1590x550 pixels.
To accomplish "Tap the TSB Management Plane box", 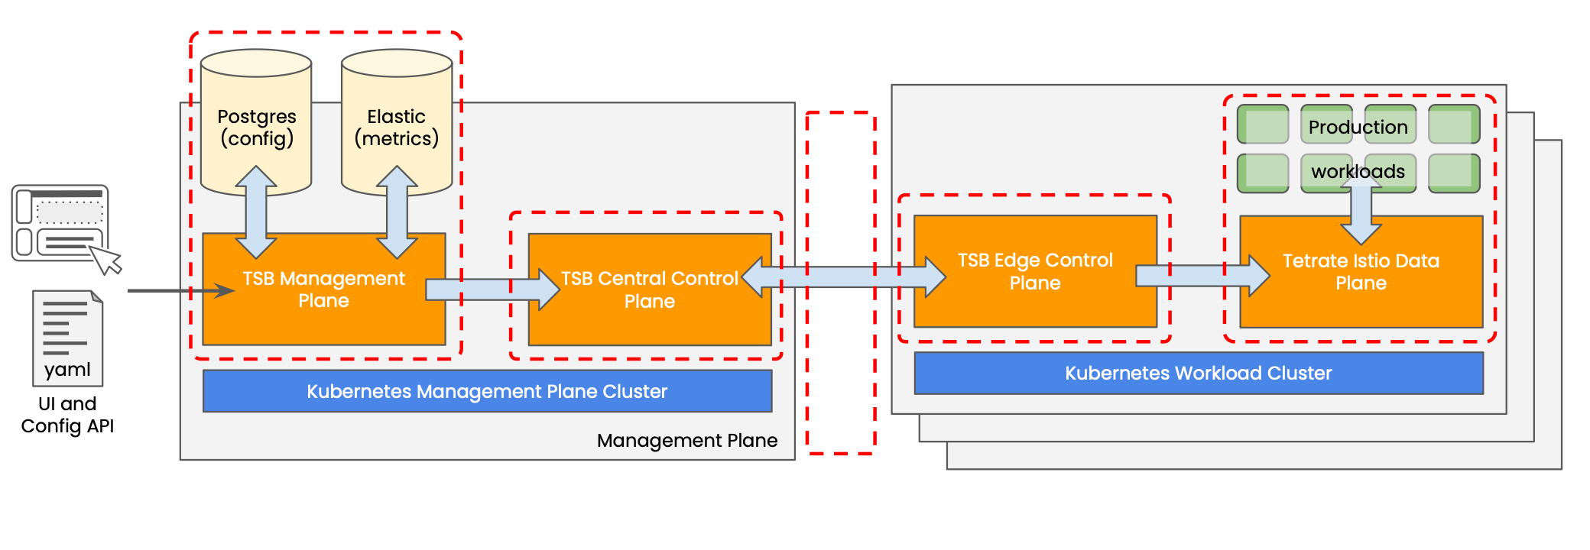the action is pyautogui.click(x=324, y=289).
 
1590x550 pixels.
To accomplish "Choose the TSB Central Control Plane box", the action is pyautogui.click(x=650, y=290).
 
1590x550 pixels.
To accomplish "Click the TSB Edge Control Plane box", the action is pyautogui.click(x=1035, y=271).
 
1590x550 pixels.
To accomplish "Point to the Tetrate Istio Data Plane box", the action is pyautogui.click(x=1361, y=272).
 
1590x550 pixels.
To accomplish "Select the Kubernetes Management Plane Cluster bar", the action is pyautogui.click(x=488, y=391).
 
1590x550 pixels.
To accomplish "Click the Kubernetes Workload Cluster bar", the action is pyautogui.click(x=1199, y=373).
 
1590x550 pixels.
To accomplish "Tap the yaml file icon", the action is pyautogui.click(x=67, y=338).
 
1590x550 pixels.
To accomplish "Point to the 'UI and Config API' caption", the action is pyautogui.click(x=67, y=415).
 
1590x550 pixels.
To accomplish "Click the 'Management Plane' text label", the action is pyautogui.click(x=687, y=441).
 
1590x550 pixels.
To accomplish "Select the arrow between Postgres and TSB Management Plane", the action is pyautogui.click(x=256, y=212).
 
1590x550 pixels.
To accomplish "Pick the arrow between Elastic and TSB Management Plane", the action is pyautogui.click(x=397, y=212).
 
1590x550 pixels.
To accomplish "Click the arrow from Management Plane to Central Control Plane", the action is pyautogui.click(x=492, y=290).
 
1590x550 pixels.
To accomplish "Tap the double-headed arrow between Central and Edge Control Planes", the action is pyautogui.click(x=844, y=277).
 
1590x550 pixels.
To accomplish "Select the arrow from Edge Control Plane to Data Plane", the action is pyautogui.click(x=1202, y=276).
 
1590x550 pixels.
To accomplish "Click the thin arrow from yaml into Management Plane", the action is pyautogui.click(x=181, y=290).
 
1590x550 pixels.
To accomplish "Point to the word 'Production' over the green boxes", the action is pyautogui.click(x=1358, y=127).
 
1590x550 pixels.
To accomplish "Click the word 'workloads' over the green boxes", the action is pyautogui.click(x=1358, y=171).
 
